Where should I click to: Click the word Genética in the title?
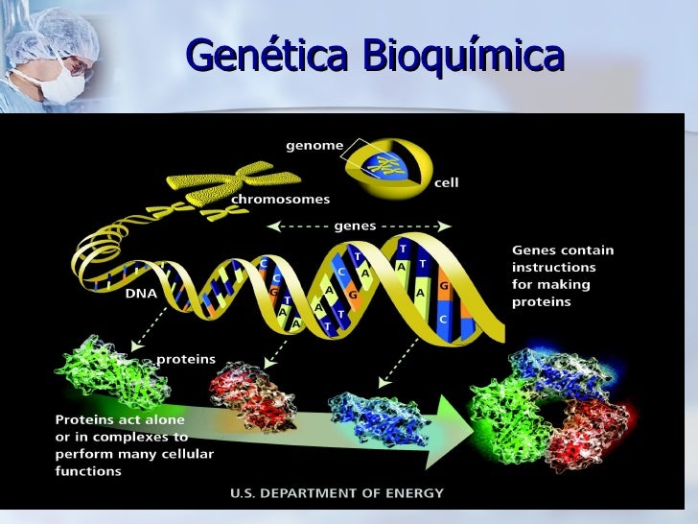pos(268,57)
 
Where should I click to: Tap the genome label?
pos(314,146)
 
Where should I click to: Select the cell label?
pos(446,182)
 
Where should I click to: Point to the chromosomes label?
pos(281,200)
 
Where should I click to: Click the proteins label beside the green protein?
pos(186,359)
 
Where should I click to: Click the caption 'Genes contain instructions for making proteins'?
pos(563,275)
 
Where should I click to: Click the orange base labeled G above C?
pos(443,287)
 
